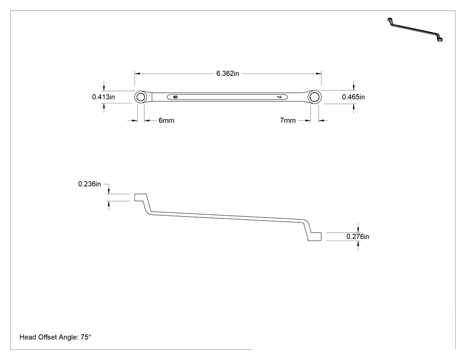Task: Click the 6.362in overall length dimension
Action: [228, 73]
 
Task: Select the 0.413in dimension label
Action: [103, 97]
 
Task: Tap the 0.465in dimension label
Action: [353, 97]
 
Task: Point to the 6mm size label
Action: [166, 120]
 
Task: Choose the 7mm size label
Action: [288, 120]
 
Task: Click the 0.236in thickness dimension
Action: [90, 184]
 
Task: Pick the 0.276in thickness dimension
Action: [358, 237]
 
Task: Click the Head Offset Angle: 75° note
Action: [55, 337]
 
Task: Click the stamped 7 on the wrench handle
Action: [279, 97]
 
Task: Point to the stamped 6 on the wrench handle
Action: [175, 97]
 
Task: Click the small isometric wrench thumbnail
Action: [415, 30]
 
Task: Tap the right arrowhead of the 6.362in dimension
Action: [319, 73]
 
